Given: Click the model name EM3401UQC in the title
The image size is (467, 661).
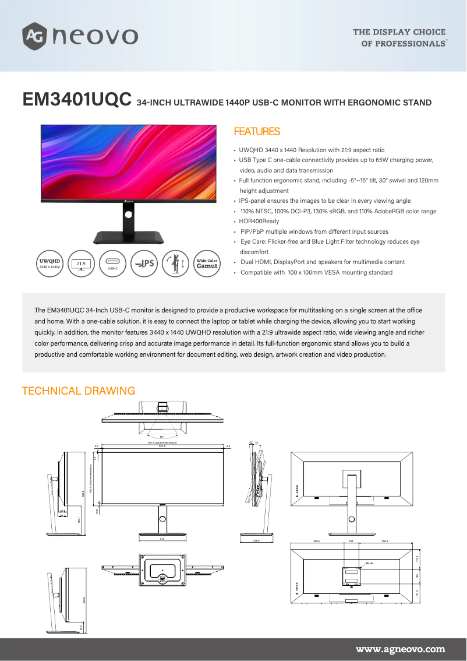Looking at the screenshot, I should [x=76, y=99].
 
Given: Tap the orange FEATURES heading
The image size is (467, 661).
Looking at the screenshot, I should [x=256, y=132].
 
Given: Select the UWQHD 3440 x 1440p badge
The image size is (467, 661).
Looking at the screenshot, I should [x=49, y=263].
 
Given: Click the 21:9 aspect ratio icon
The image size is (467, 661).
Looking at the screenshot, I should [x=82, y=263].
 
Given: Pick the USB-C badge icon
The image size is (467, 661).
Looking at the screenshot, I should [x=113, y=263].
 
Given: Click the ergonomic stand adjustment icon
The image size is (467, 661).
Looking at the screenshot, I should [x=175, y=263].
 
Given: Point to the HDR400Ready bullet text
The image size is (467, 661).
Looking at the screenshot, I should [x=259, y=221].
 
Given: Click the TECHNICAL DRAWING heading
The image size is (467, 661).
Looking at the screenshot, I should [x=78, y=391].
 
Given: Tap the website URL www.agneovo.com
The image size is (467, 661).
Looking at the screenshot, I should [x=400, y=649].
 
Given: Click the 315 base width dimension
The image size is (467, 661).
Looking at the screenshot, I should [x=162, y=539].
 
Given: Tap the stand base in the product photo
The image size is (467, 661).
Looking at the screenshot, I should [x=128, y=237].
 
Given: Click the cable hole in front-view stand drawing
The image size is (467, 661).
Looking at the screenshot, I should [x=162, y=519].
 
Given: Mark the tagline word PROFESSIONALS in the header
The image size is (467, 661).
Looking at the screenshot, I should [x=403, y=44].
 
